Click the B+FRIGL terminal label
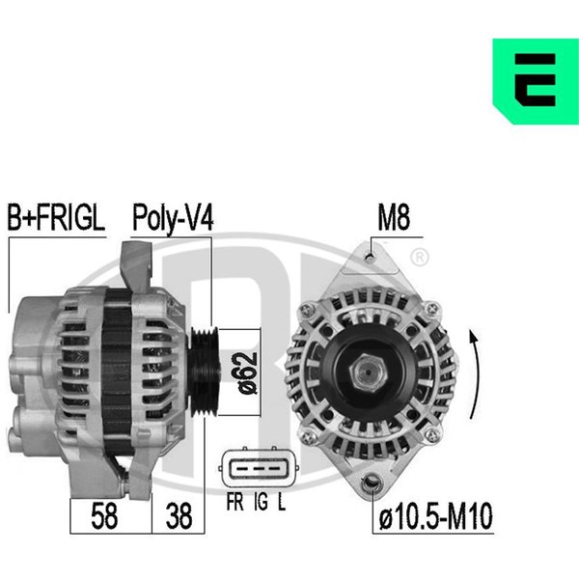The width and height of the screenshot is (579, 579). [x=56, y=218]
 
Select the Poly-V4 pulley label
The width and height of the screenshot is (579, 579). [x=173, y=219]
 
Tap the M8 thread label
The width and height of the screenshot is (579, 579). [x=394, y=218]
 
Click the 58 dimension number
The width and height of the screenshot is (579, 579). [x=104, y=516]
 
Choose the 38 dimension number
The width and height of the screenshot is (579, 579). [x=179, y=516]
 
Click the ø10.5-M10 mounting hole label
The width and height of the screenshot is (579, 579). [x=436, y=516]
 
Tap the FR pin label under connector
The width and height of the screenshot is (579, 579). [x=234, y=502]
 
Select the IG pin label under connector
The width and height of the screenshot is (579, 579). [x=262, y=502]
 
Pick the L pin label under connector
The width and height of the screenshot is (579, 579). [x=282, y=502]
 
